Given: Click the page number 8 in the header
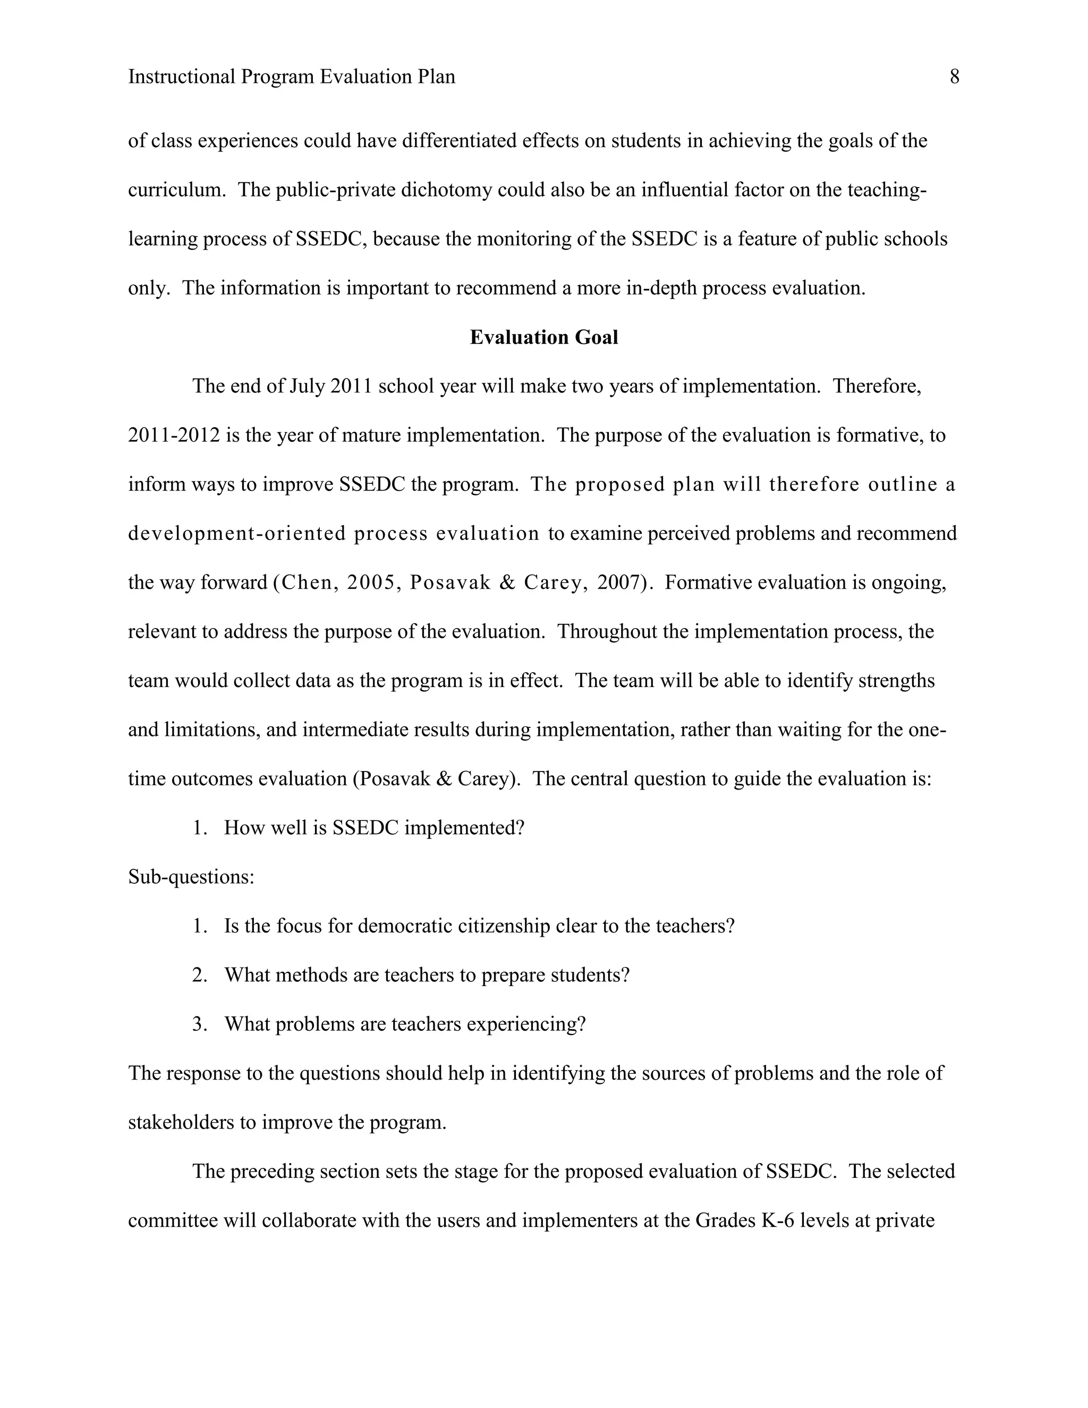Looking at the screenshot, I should click(954, 78).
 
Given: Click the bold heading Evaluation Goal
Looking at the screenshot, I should click(543, 337).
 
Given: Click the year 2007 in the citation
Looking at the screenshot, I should click(622, 583).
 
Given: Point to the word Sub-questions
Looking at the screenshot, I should click(191, 877).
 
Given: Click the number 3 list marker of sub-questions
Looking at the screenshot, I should click(199, 1024).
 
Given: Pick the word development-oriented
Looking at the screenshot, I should click(236, 534).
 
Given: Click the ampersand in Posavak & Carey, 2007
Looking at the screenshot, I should click(507, 583).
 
